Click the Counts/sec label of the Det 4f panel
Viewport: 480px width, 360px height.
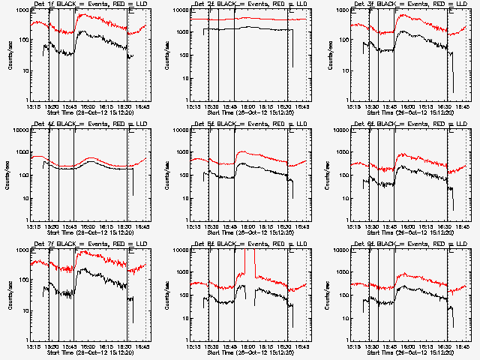[8, 172]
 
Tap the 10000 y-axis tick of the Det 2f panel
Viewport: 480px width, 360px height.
[180, 10]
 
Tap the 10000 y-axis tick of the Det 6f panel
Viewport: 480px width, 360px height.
[340, 130]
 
